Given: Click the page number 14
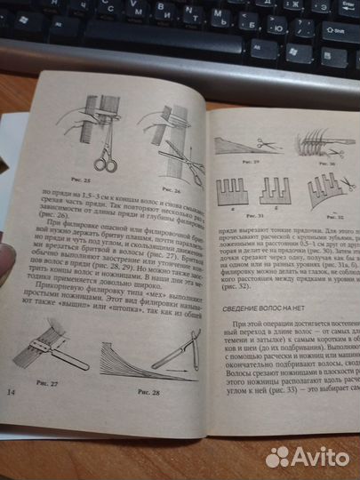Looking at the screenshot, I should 12,391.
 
